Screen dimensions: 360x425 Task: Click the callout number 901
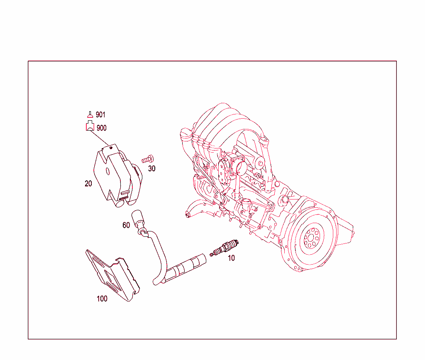100,115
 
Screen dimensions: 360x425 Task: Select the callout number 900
101,128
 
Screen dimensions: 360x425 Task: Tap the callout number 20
88,183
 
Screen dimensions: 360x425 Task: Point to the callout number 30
152,169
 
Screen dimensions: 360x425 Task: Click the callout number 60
126,225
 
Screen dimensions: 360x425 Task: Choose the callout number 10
232,258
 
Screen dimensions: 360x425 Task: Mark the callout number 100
102,299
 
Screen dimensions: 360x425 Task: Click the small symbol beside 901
90,115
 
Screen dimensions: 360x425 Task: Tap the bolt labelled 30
148,159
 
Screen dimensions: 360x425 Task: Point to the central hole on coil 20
107,171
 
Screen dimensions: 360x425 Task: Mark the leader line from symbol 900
100,139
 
